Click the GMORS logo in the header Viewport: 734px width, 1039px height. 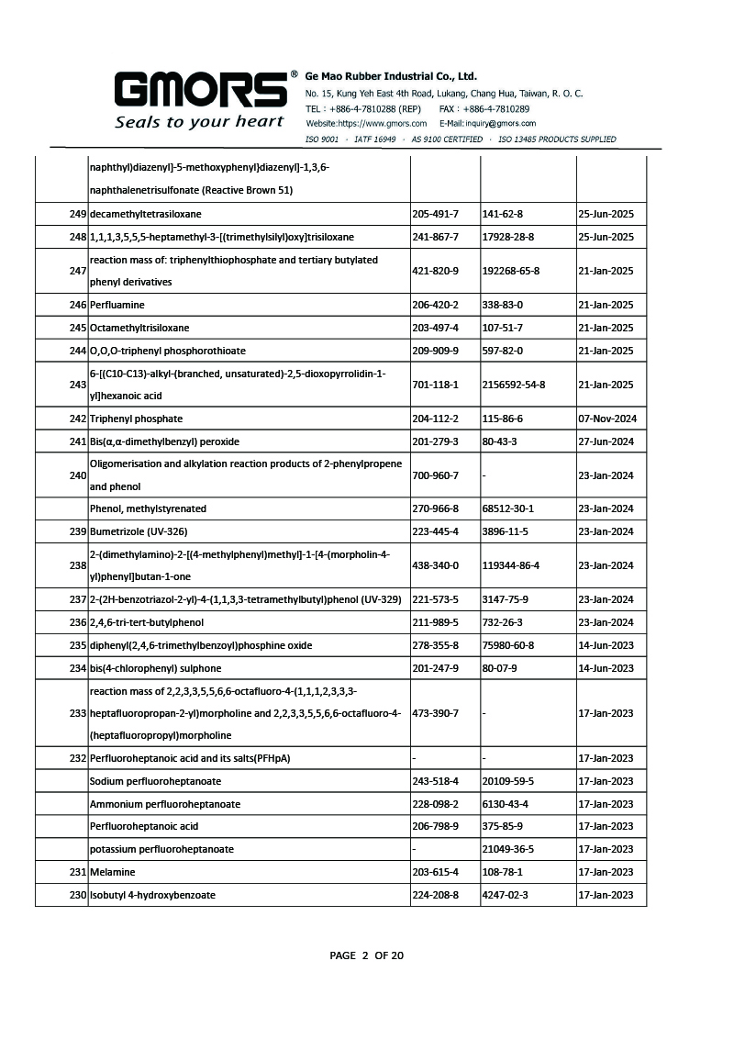200,91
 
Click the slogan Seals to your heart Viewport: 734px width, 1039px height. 199,122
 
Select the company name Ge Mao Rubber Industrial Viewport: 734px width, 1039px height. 391,76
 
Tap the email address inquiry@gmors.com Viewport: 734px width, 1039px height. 487,123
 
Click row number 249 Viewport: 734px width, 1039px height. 77,215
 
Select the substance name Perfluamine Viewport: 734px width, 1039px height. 117,305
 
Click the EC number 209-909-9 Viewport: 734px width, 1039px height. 436,351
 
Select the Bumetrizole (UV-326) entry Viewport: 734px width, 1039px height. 138,531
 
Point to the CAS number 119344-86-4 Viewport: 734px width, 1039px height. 511,565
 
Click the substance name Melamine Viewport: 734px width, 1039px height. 112,872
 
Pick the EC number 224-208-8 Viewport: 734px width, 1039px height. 436,895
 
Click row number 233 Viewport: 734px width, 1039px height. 77,713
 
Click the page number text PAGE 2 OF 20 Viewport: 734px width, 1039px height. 367,955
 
